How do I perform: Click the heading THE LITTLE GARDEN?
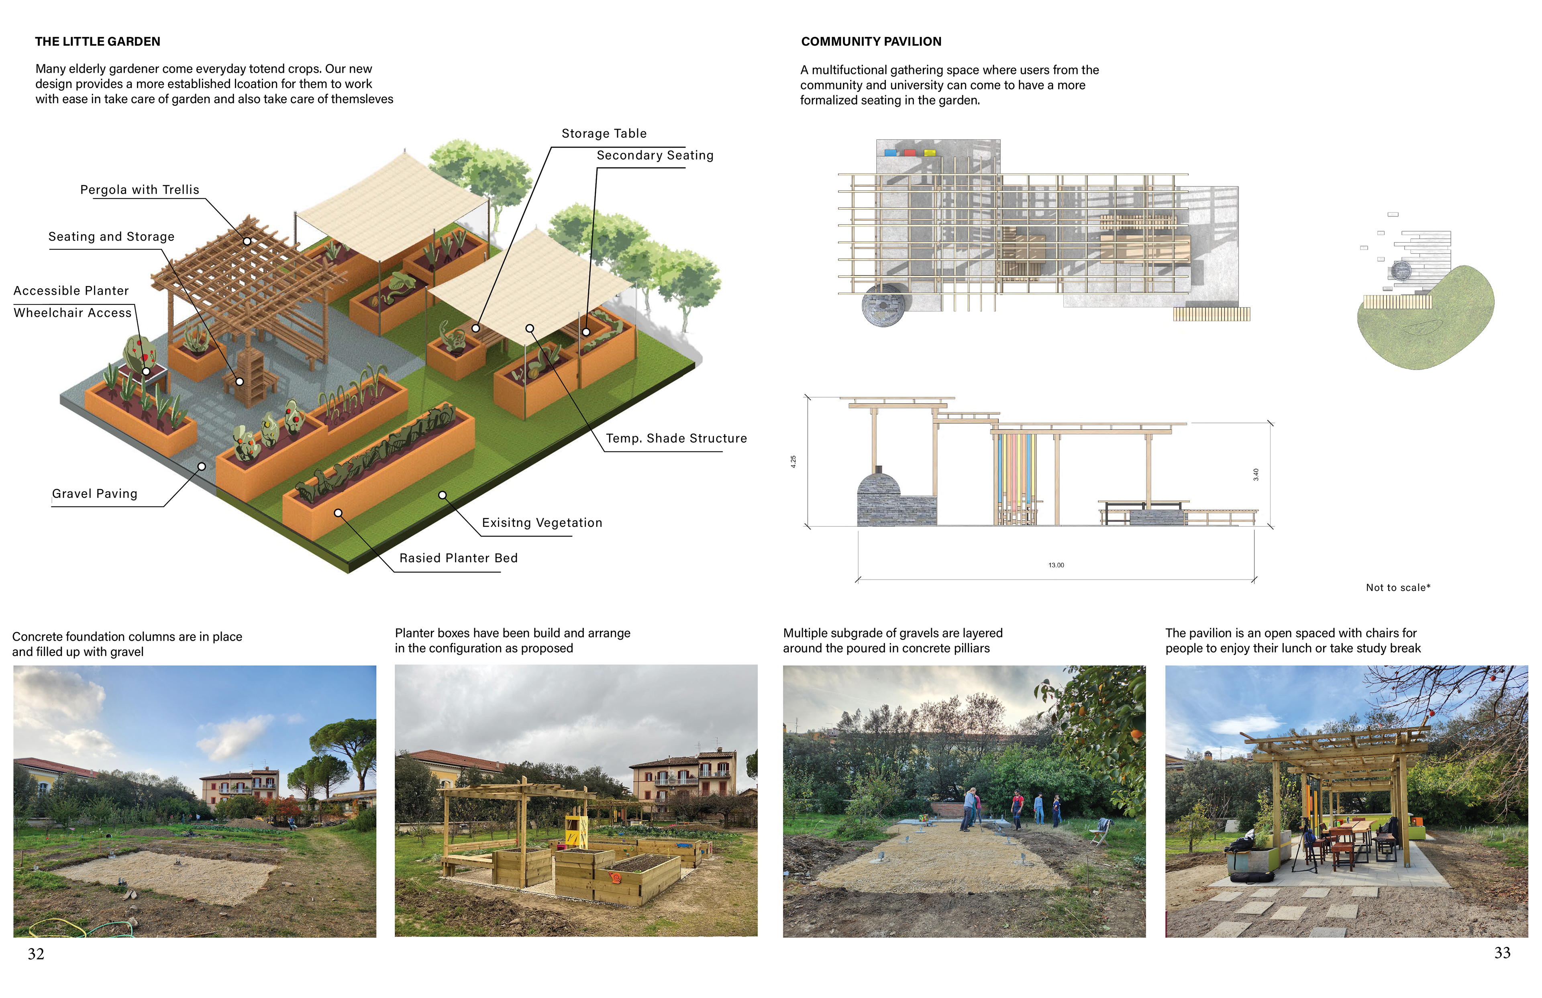[x=97, y=41]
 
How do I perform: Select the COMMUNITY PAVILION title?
[x=871, y=41]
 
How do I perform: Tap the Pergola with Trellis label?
[x=139, y=190]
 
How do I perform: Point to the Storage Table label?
[x=604, y=133]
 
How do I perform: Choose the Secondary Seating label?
[x=655, y=155]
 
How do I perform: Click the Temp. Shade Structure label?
[x=676, y=439]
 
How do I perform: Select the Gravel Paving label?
[x=95, y=494]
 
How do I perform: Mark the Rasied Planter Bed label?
[x=458, y=559]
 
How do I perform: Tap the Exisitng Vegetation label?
[x=542, y=523]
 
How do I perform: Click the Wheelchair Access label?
[x=73, y=313]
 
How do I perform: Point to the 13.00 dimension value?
[x=1056, y=565]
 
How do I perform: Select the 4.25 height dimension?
[x=793, y=461]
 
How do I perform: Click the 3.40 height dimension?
[x=1256, y=474]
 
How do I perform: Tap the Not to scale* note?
[x=1397, y=588]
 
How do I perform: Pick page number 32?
[x=36, y=954]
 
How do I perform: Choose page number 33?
[x=1502, y=953]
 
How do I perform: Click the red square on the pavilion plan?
[x=910, y=153]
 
